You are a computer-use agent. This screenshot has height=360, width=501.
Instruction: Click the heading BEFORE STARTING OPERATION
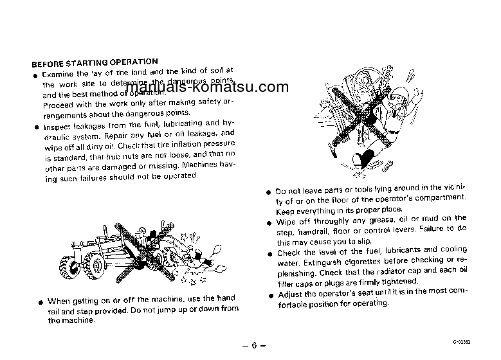click(x=95, y=63)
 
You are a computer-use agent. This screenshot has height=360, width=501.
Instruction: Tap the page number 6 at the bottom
click(x=254, y=345)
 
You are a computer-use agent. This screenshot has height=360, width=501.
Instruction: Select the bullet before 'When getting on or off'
click(x=41, y=301)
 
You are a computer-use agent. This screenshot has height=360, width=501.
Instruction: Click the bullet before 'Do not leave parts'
click(x=269, y=192)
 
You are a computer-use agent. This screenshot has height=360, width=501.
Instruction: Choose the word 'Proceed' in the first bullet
click(x=59, y=105)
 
